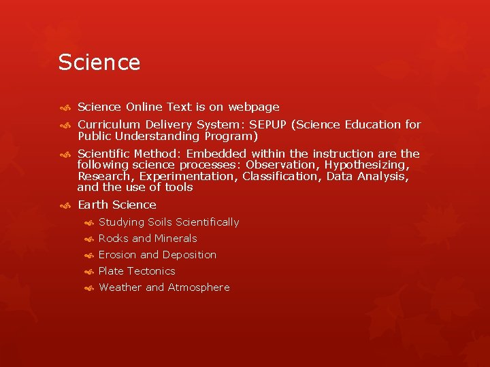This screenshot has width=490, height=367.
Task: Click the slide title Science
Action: [99, 63]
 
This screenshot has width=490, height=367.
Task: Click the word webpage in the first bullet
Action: [254, 107]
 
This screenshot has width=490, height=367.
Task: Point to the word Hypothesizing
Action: [371, 164]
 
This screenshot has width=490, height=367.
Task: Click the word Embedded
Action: [216, 154]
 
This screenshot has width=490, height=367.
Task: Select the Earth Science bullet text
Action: [117, 205]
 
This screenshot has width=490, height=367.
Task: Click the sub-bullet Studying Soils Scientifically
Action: [169, 222]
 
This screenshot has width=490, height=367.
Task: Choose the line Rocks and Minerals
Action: [148, 239]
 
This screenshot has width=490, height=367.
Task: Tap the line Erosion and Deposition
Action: [157, 255]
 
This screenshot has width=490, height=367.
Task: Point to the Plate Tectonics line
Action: [137, 271]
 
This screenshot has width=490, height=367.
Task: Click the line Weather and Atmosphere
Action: [164, 287]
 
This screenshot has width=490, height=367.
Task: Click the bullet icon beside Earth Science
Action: [65, 205]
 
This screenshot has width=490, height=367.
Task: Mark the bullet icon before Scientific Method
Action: [65, 154]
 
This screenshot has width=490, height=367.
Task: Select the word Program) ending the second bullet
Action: [228, 135]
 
